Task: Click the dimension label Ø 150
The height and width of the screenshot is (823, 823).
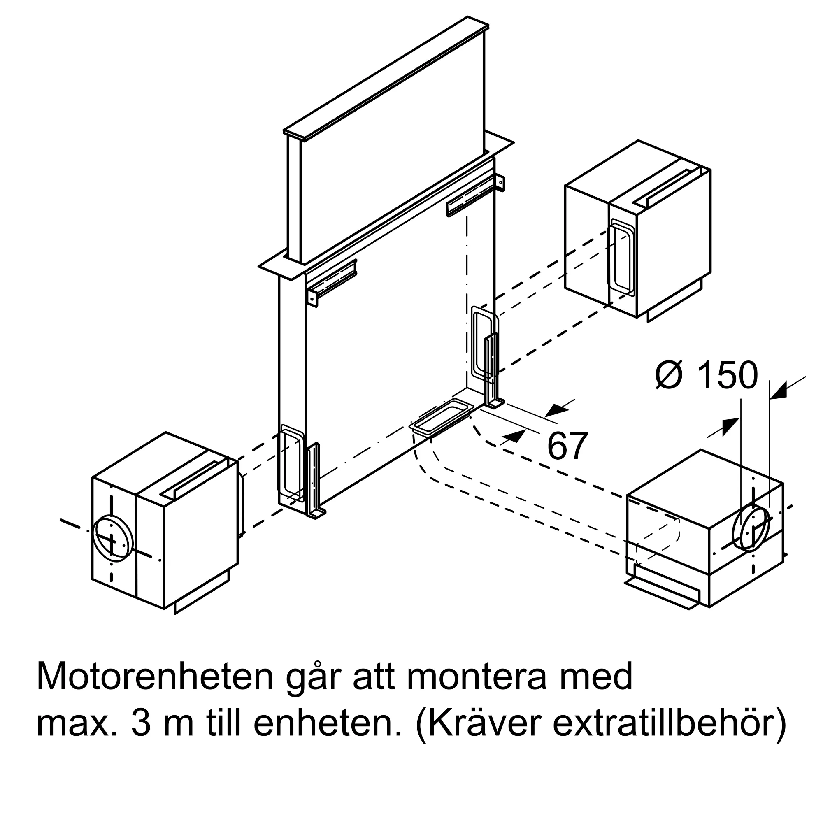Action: click(707, 375)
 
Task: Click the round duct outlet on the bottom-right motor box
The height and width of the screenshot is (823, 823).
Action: click(751, 528)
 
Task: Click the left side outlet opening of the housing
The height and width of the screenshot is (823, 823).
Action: click(291, 462)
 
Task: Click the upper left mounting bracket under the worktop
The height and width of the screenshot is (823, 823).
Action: click(332, 281)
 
